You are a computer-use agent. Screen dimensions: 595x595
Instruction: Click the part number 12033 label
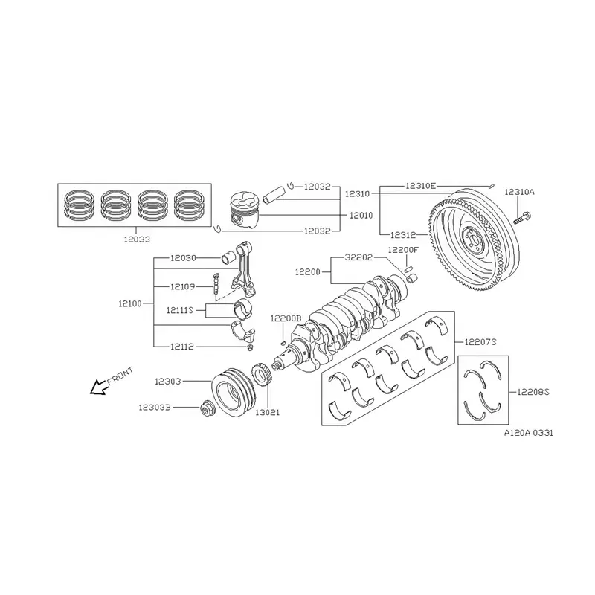[x=137, y=239]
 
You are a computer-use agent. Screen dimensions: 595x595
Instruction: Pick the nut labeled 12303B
[x=206, y=408]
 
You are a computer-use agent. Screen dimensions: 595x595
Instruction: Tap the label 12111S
[x=180, y=310]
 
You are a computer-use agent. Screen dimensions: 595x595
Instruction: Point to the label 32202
[x=358, y=257]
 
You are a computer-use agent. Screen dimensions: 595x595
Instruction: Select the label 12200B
[x=286, y=318]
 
